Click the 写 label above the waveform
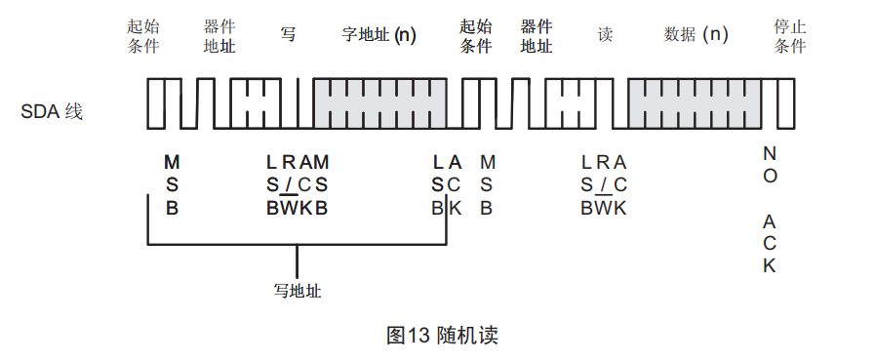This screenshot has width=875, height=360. coord(288,34)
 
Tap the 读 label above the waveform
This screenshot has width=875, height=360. coord(605,34)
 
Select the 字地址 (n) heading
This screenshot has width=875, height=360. coord(378,34)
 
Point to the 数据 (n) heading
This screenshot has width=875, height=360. coord(696,34)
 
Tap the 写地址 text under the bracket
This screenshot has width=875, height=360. coord(298,291)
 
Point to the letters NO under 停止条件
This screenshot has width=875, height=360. coord(770,165)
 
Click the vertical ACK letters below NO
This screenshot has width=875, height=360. coord(770,243)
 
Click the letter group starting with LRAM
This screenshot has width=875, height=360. coord(298,184)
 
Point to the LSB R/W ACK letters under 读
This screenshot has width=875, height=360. coord(604,184)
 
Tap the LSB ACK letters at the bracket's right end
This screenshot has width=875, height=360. coord(447,184)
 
